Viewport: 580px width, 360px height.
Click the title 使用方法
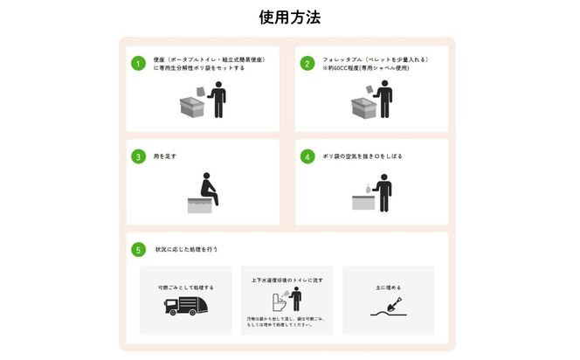click(x=289, y=17)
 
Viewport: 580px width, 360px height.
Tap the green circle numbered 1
click(x=138, y=64)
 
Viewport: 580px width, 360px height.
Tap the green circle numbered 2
click(x=307, y=64)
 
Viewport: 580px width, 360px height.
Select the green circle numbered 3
click(x=138, y=157)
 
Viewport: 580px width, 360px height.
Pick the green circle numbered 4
click(x=307, y=157)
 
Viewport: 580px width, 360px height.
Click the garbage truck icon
click(x=185, y=306)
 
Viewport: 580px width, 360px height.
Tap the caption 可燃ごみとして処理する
click(x=185, y=287)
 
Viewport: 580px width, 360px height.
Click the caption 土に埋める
click(x=388, y=287)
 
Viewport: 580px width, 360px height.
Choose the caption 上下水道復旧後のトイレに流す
click(x=287, y=280)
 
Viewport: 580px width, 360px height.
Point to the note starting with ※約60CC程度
click(x=360, y=68)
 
